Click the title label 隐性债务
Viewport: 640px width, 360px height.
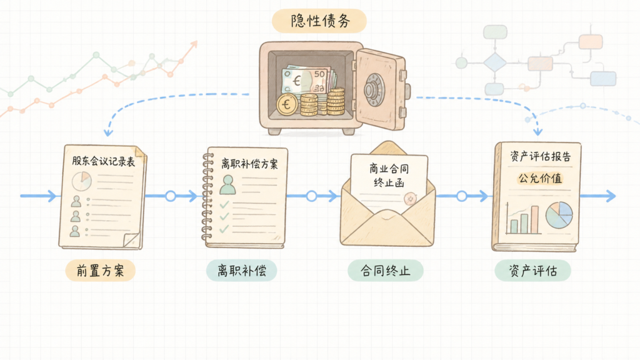click(x=319, y=21)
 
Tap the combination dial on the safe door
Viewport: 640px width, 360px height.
click(x=374, y=89)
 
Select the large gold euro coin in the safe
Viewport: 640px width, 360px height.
click(x=287, y=104)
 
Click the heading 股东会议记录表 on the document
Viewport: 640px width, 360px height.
click(x=103, y=161)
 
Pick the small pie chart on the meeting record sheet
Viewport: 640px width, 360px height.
click(x=82, y=181)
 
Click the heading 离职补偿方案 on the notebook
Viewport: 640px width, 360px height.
click(x=249, y=164)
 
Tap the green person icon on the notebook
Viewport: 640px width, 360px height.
click(x=227, y=184)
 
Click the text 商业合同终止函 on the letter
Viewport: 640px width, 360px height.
click(x=389, y=175)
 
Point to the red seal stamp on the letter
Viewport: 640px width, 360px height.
click(x=410, y=199)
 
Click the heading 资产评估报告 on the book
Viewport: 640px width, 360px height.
click(x=540, y=156)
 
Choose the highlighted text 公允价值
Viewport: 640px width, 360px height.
click(x=540, y=178)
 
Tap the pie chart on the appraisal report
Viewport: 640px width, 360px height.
click(x=559, y=215)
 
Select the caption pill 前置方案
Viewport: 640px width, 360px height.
click(x=101, y=270)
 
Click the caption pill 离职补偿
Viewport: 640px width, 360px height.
click(x=242, y=270)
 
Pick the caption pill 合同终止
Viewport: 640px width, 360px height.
click(x=385, y=270)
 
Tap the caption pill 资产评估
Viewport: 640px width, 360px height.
click(x=532, y=270)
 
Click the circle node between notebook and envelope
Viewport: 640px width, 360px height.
click(x=311, y=196)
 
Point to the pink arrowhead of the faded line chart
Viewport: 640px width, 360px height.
click(x=194, y=44)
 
